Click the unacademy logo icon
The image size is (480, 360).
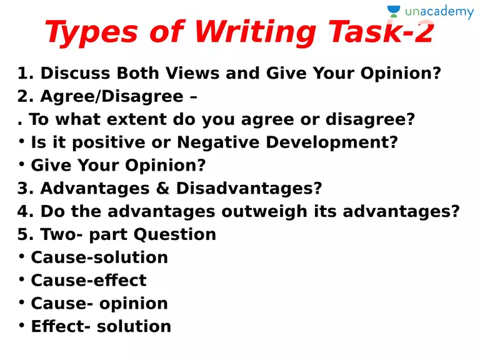tap(394, 11)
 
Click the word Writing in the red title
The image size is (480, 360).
tap(255, 32)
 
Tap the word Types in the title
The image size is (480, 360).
tap(91, 32)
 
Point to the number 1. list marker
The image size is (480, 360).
tap(26, 73)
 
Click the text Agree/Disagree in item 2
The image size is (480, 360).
tap(112, 96)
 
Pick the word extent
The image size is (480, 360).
tap(136, 119)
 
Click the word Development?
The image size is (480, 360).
tap(332, 142)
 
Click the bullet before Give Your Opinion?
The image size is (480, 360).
tap(21, 164)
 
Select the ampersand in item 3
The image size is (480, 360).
tap(162, 188)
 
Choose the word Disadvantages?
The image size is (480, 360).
tap(249, 188)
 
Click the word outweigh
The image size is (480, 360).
tap(264, 211)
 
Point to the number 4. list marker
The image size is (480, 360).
tap(26, 211)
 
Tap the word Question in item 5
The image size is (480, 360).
tap(175, 234)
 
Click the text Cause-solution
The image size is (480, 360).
tap(99, 257)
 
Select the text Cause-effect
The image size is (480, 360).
tap(89, 280)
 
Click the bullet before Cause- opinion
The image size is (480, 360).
tap(21, 302)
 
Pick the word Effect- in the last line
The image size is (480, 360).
tap(61, 326)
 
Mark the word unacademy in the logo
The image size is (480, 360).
tap(439, 12)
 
